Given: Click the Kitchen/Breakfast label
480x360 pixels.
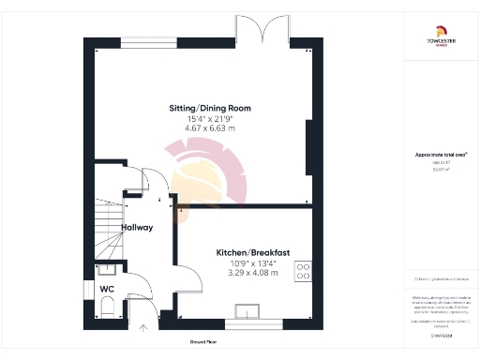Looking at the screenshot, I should pyautogui.click(x=251, y=253).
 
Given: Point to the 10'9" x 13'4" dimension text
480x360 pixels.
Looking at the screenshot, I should pyautogui.click(x=251, y=263).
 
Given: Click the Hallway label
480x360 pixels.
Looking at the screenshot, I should pyautogui.click(x=137, y=228).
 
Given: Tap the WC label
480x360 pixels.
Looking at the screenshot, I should pyautogui.click(x=108, y=289).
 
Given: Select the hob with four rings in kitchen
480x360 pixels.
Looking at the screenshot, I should pyautogui.click(x=305, y=272).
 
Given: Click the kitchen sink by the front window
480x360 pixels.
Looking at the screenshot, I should pyautogui.click(x=251, y=311).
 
